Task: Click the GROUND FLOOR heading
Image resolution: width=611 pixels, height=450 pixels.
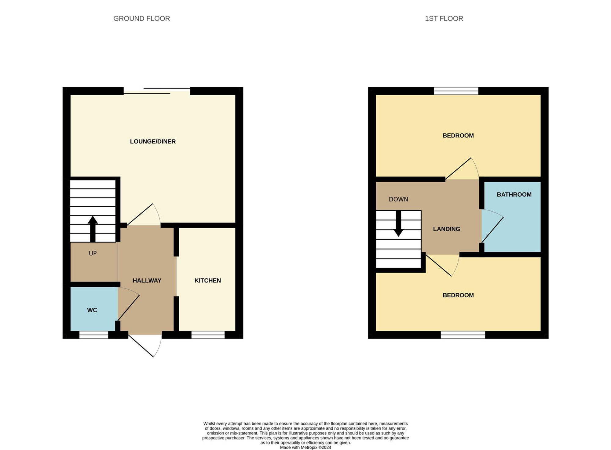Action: click(x=141, y=19)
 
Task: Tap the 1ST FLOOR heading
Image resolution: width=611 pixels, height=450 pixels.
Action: click(x=444, y=19)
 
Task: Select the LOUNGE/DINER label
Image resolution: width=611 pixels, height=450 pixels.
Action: click(x=153, y=142)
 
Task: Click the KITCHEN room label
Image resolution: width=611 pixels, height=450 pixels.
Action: click(x=207, y=281)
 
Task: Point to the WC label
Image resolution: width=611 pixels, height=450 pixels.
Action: click(x=92, y=310)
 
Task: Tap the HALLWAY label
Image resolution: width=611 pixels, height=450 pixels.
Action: click(x=147, y=281)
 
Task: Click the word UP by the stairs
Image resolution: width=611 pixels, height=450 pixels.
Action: click(x=93, y=253)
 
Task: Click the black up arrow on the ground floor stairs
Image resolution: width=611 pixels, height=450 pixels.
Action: click(x=93, y=229)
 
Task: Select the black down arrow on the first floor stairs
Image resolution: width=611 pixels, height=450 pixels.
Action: click(x=398, y=224)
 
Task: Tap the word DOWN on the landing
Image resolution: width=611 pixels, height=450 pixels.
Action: click(x=398, y=199)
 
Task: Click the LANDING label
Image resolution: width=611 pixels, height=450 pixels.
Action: click(x=446, y=229)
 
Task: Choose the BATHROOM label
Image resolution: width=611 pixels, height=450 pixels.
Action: click(x=514, y=195)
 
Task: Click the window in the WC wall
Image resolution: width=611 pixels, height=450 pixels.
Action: click(x=94, y=335)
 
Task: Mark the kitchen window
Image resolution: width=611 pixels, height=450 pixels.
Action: click(x=208, y=335)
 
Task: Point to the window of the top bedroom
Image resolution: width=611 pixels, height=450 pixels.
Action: click(x=456, y=91)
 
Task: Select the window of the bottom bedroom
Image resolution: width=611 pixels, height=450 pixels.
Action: click(x=463, y=335)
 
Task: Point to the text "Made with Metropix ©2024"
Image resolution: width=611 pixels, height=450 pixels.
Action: click(x=305, y=448)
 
